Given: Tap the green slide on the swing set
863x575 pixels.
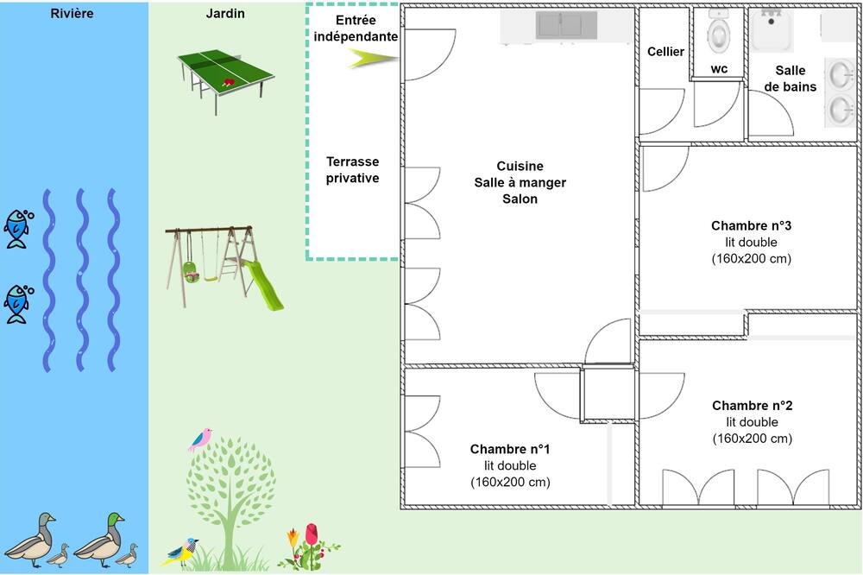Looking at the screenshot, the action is coord(262,285).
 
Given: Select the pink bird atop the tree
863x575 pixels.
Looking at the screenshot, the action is coord(201,439).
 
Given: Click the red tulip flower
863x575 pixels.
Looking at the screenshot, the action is coord(312,534).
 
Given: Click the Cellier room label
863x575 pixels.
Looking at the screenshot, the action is coord(665,52).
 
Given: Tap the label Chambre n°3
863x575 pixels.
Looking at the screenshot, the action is coord(752,226).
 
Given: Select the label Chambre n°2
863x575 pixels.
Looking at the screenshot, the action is coord(753,406).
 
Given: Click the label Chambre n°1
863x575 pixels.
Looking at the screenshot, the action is coord(510,450).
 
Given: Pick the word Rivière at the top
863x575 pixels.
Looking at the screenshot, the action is coord(72,13).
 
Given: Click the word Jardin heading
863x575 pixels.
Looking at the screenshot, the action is coord(225,13).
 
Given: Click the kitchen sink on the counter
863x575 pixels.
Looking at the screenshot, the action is coord(566,25).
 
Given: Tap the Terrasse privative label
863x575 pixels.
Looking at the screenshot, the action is coord(352,169).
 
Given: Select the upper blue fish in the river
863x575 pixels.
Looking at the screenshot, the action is coord(17,228).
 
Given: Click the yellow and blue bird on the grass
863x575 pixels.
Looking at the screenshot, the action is coord(180,552).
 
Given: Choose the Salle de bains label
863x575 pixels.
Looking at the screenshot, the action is coord(791,79).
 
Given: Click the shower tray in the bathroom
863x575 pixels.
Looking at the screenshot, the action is coord(772,30).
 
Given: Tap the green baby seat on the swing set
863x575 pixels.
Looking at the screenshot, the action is coord(191,272).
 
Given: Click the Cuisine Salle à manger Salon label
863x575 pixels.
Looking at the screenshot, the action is coord(520,182).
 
